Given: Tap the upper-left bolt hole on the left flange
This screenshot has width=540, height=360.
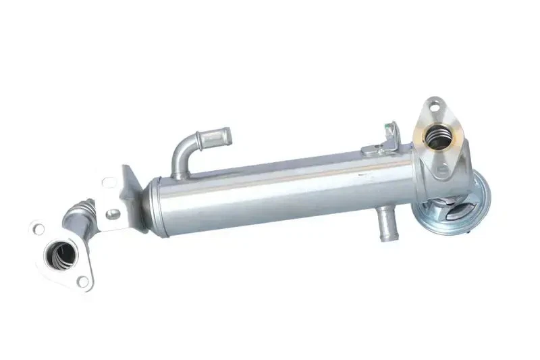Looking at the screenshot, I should tap(38, 229).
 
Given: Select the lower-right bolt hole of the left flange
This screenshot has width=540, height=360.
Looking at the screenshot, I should tap(82, 281).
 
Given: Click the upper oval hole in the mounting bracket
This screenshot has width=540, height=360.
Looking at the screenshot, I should tap(108, 182).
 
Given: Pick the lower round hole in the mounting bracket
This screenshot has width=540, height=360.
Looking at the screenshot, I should tap(113, 213).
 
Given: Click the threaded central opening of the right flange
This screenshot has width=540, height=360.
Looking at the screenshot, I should tap(438, 138).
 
